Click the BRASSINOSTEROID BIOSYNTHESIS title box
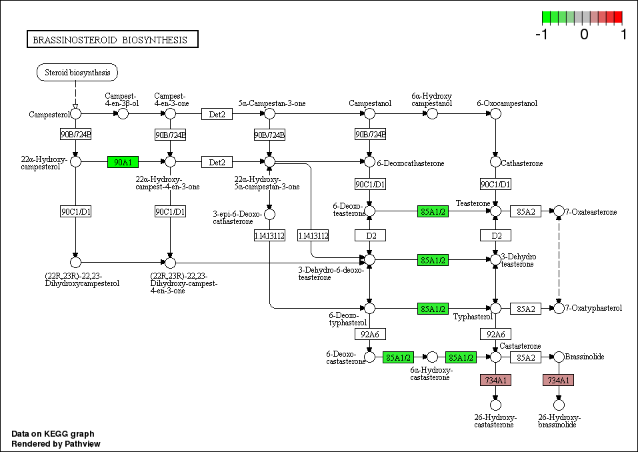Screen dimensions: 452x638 click(112, 40)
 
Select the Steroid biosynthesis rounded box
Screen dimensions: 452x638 click(77, 72)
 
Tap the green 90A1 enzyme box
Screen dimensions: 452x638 click(123, 162)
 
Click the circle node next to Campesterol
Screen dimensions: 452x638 click(76, 114)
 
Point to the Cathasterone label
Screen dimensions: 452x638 click(522, 163)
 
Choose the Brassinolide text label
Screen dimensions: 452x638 click(585, 357)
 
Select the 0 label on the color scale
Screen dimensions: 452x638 click(584, 34)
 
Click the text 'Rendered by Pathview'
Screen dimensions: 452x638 click(56, 443)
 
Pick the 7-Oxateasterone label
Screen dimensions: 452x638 click(591, 212)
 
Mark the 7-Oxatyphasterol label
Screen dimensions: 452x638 click(593, 308)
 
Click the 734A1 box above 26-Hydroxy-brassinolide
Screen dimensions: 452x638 click(558, 380)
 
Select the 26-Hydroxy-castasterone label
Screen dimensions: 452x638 click(495, 421)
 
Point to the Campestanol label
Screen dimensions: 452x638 click(370, 103)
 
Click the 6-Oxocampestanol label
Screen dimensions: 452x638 click(498, 103)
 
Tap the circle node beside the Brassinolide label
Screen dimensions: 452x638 click(559, 357)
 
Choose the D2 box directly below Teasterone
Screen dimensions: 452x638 click(495, 235)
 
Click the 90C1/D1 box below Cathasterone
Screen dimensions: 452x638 click(495, 184)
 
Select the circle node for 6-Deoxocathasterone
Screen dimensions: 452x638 click(370, 162)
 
